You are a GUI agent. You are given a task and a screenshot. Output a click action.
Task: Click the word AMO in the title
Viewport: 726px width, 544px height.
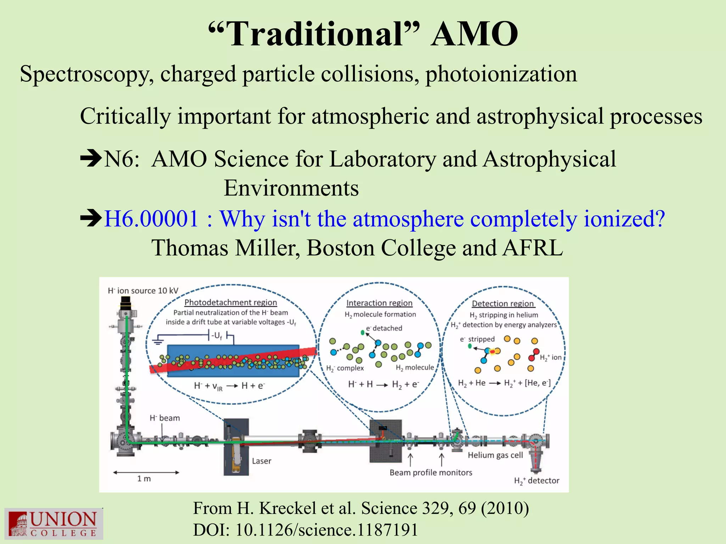pyautogui.click(x=474, y=34)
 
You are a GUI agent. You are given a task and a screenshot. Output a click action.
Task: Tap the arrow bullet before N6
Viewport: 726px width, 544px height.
pyautogui.click(x=91, y=159)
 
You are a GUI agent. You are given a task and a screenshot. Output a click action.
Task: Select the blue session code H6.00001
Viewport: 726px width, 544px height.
pyautogui.click(x=151, y=219)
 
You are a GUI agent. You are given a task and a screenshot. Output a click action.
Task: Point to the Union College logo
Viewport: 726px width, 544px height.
pyautogui.click(x=54, y=523)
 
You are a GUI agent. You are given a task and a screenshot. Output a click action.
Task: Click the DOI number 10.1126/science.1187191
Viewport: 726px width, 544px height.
pyautogui.click(x=326, y=530)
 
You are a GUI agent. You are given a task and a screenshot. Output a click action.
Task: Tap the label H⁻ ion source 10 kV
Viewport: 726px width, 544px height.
pyautogui.click(x=143, y=291)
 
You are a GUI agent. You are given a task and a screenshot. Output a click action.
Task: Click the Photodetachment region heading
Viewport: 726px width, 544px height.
pyautogui.click(x=230, y=302)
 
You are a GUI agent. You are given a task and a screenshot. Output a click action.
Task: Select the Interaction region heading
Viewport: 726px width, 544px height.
pyautogui.click(x=379, y=303)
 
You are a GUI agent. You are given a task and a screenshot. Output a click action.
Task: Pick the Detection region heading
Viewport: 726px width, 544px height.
pyautogui.click(x=503, y=304)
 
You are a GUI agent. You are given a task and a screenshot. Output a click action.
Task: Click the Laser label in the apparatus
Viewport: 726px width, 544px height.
pyautogui.click(x=262, y=461)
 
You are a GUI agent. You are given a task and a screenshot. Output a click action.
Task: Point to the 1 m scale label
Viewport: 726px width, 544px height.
pyautogui.click(x=144, y=479)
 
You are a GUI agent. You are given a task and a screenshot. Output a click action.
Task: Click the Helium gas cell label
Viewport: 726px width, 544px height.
pyautogui.click(x=495, y=455)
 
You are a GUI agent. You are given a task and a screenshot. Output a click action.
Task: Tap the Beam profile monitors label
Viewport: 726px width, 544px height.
pyautogui.click(x=431, y=473)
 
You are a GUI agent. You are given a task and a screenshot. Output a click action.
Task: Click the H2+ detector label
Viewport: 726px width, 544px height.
pyautogui.click(x=536, y=481)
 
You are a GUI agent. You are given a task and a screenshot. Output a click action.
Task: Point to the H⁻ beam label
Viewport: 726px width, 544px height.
pyautogui.click(x=164, y=418)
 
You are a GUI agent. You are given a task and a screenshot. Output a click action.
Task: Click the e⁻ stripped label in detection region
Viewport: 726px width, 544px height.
pyautogui.click(x=477, y=339)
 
